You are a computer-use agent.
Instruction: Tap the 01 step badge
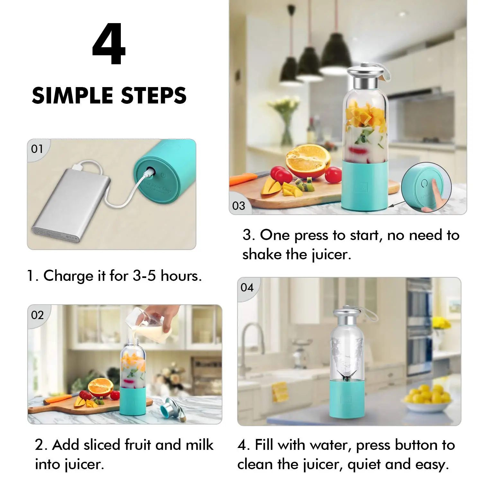click(x=37, y=149)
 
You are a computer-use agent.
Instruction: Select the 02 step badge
click(x=37, y=315)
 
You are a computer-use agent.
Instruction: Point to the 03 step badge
click(x=238, y=206)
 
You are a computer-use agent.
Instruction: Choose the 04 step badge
click(x=247, y=287)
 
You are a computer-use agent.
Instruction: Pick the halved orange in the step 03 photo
click(x=308, y=161)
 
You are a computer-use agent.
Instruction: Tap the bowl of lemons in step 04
click(x=427, y=398)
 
